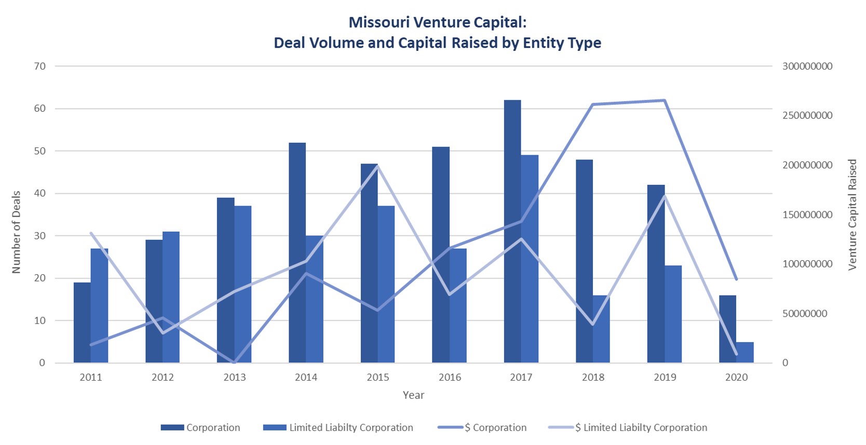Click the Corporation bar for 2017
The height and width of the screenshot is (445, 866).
[512, 231]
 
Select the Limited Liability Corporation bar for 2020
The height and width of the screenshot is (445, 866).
[745, 352]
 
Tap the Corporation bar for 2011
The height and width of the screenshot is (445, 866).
[82, 322]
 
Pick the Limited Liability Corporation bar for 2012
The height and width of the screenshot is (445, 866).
[171, 297]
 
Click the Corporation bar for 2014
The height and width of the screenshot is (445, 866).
[297, 252]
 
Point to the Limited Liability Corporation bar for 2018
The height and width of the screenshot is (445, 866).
[601, 329]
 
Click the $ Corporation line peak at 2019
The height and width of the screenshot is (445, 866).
[665, 101]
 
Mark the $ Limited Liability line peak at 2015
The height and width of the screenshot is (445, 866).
[378, 166]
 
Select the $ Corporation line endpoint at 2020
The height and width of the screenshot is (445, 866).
[737, 279]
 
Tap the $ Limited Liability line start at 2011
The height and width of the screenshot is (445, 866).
[91, 233]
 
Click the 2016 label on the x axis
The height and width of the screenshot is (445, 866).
[450, 377]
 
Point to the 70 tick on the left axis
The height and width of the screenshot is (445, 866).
[40, 66]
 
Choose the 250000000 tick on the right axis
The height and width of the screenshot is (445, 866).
[807, 116]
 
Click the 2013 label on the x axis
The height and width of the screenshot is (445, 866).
[234, 377]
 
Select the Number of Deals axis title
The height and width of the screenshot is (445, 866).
[16, 232]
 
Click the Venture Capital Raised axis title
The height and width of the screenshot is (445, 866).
[852, 214]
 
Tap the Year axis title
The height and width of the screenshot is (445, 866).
[413, 395]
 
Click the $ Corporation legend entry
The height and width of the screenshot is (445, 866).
[482, 427]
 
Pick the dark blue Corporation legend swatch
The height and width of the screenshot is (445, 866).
[172, 427]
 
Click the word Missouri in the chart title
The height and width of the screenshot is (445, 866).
[379, 22]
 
